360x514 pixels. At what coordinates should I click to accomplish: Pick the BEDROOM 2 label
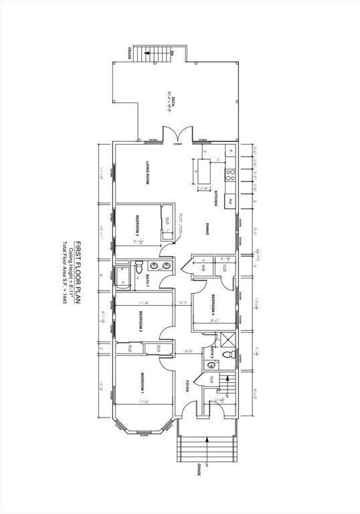pyautogui.click(x=142, y=321)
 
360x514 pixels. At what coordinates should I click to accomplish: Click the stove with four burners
pyautogui.click(x=230, y=175)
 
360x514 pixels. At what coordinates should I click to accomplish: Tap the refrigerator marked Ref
pyautogui.click(x=230, y=200)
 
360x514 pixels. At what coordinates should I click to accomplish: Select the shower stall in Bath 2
pyautogui.click(x=228, y=339)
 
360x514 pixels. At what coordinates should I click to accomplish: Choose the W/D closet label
pyautogui.click(x=203, y=268)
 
